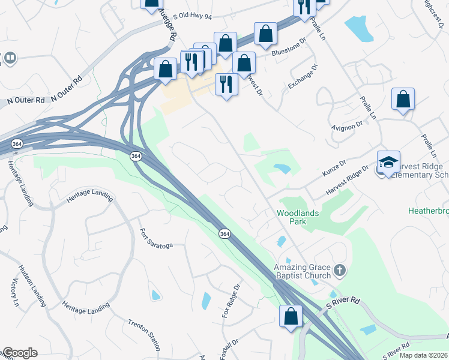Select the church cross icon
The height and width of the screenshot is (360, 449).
coord(340,270)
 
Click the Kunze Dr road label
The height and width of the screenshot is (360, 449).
coord(335,165)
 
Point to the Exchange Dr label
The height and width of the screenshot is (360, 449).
coord(301,77)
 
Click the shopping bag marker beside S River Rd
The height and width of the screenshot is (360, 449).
coord(291,316)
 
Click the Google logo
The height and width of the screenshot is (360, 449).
coord(19,353)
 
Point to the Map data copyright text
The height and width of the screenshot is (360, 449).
coord(424,355)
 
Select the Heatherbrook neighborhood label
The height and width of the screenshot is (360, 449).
coord(428,211)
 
